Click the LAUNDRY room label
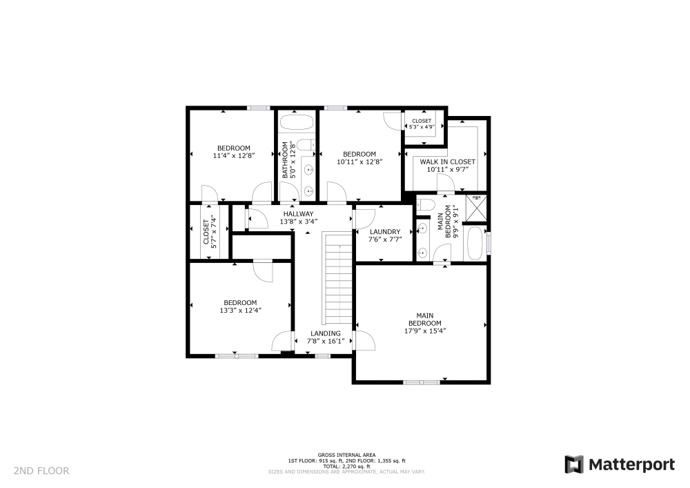pos(385,232)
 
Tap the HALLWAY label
pos(298,214)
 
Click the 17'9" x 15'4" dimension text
pos(425,331)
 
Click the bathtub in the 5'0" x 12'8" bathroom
pos(297,124)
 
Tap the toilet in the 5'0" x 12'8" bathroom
pos(308,145)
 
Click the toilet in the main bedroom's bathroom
pos(425,204)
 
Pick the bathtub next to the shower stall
pos(475,244)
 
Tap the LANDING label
pos(324,333)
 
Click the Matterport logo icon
pos(573,465)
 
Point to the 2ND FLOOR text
pos(41,471)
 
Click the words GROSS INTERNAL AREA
pos(346,455)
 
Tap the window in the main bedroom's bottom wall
pos(422,382)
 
